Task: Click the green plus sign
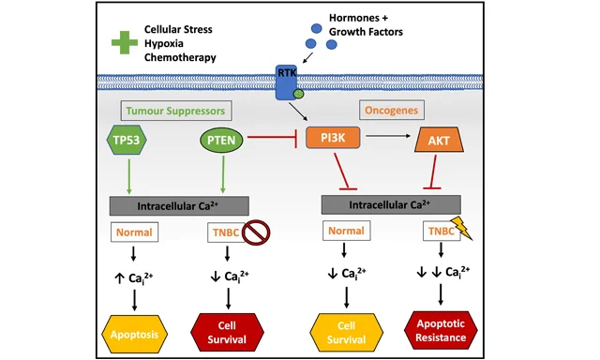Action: [125, 42]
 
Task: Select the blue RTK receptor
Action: [286, 82]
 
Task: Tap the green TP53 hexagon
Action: [127, 140]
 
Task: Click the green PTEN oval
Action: [221, 140]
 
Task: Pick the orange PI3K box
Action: [333, 138]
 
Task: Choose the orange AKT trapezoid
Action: [440, 140]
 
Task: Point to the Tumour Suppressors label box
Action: [176, 111]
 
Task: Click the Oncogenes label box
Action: [392, 111]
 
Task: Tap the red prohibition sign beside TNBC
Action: [256, 232]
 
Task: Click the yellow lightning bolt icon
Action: [462, 228]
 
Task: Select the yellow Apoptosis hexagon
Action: [135, 335]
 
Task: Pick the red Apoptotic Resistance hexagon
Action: [441, 331]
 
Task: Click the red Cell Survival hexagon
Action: [227, 333]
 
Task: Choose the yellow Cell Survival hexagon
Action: [346, 333]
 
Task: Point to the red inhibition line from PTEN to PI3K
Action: [273, 138]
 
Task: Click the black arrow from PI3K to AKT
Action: [388, 136]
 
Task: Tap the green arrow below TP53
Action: [129, 176]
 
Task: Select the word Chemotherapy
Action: [180, 57]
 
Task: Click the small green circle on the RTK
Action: [298, 94]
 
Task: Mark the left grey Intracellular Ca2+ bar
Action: [179, 206]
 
